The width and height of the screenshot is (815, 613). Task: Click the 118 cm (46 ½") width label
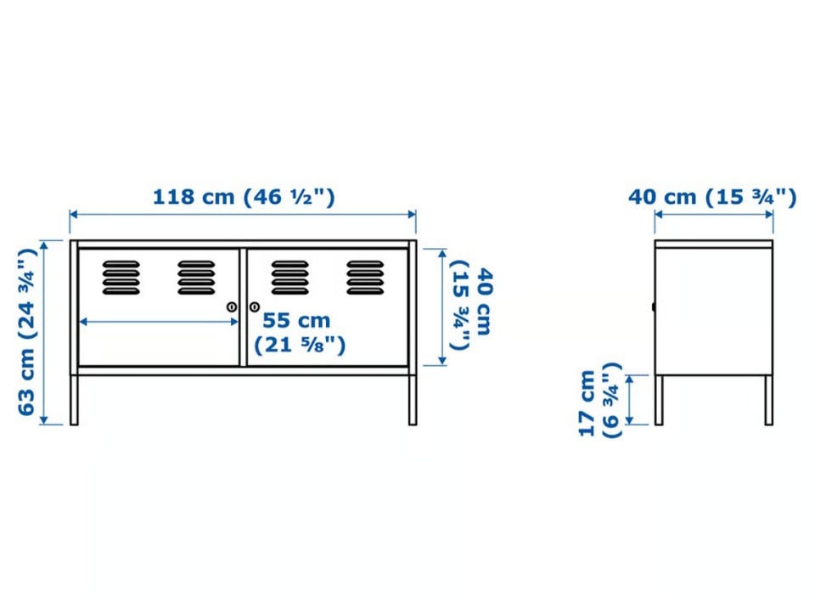244,197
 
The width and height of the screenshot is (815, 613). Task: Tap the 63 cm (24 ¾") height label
26,332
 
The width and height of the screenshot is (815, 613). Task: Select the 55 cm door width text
296,320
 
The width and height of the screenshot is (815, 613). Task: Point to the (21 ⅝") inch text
300,345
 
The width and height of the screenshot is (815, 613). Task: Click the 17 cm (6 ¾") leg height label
600,400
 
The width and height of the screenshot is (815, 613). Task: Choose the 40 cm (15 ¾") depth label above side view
712,198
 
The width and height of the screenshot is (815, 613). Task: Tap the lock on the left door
232,306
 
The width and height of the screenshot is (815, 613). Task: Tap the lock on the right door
254,306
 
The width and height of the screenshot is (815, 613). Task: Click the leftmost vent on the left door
121,278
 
